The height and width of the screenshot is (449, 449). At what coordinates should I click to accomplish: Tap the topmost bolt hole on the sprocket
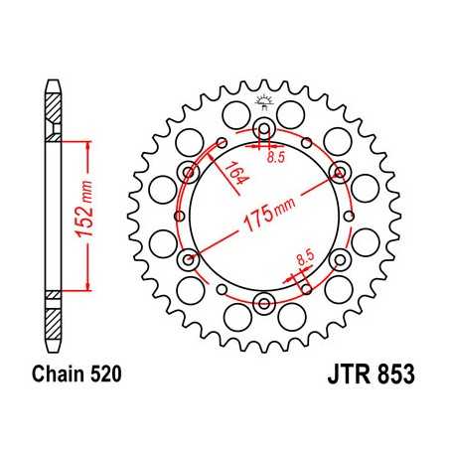(264, 129)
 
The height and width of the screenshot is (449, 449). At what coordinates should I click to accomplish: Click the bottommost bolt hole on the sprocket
(264, 303)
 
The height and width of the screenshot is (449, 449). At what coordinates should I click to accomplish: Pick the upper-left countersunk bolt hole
(189, 173)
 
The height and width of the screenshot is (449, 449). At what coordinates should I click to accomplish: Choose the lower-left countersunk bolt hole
(189, 260)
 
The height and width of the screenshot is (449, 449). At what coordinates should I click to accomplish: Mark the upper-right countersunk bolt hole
(340, 173)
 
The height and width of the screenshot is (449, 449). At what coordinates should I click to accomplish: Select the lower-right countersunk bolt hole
(340, 260)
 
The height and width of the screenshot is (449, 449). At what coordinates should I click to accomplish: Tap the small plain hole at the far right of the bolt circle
(351, 217)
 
